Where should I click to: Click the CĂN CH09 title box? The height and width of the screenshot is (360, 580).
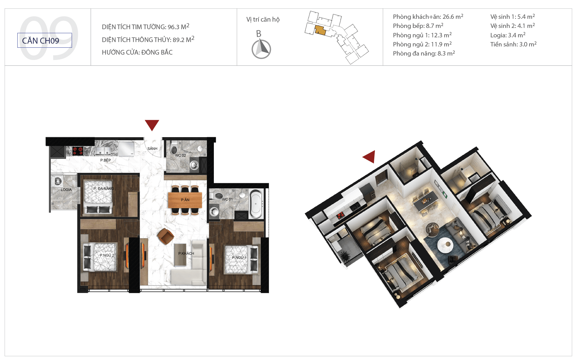45,40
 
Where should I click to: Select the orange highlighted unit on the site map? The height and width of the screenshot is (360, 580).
320,30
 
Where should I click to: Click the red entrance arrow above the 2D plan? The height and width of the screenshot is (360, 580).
152,125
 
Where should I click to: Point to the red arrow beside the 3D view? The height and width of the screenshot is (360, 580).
370,156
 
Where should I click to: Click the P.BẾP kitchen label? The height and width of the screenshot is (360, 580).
106,160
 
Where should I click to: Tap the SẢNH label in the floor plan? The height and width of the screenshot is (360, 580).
152,148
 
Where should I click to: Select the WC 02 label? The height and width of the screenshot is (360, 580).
180,155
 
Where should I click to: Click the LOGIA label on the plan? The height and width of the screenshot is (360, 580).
66,190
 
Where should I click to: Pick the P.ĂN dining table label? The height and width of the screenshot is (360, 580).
185,200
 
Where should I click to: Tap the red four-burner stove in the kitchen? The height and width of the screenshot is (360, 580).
78,151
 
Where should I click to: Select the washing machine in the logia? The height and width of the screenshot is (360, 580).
57,181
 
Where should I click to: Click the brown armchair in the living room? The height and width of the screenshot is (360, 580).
165,236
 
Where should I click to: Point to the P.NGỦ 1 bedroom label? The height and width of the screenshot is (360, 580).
239,257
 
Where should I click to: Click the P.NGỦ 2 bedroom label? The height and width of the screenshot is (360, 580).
107,255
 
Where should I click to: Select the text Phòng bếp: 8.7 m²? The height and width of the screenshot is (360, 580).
418,26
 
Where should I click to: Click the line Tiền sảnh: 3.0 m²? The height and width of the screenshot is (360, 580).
513,44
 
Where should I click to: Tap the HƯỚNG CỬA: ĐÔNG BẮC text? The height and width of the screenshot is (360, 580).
137,52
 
